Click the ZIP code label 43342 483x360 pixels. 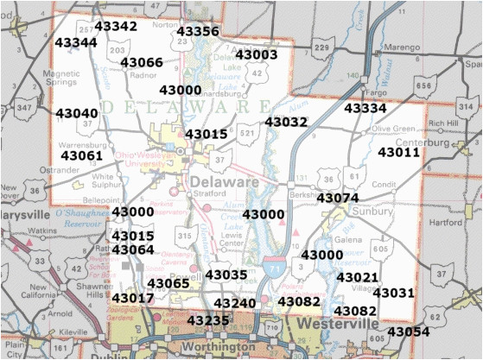[116, 27]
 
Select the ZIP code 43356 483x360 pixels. [198, 32]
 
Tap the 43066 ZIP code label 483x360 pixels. [142, 62]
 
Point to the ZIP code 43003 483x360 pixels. [257, 54]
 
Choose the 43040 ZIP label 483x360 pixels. [77, 113]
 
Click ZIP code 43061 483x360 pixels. [82, 155]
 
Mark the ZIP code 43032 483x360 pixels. [287, 123]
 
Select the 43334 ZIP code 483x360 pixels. [365, 108]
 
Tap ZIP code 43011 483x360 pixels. [399, 152]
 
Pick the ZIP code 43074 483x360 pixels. [338, 198]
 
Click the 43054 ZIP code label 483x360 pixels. [408, 332]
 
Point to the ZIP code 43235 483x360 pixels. [208, 320]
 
